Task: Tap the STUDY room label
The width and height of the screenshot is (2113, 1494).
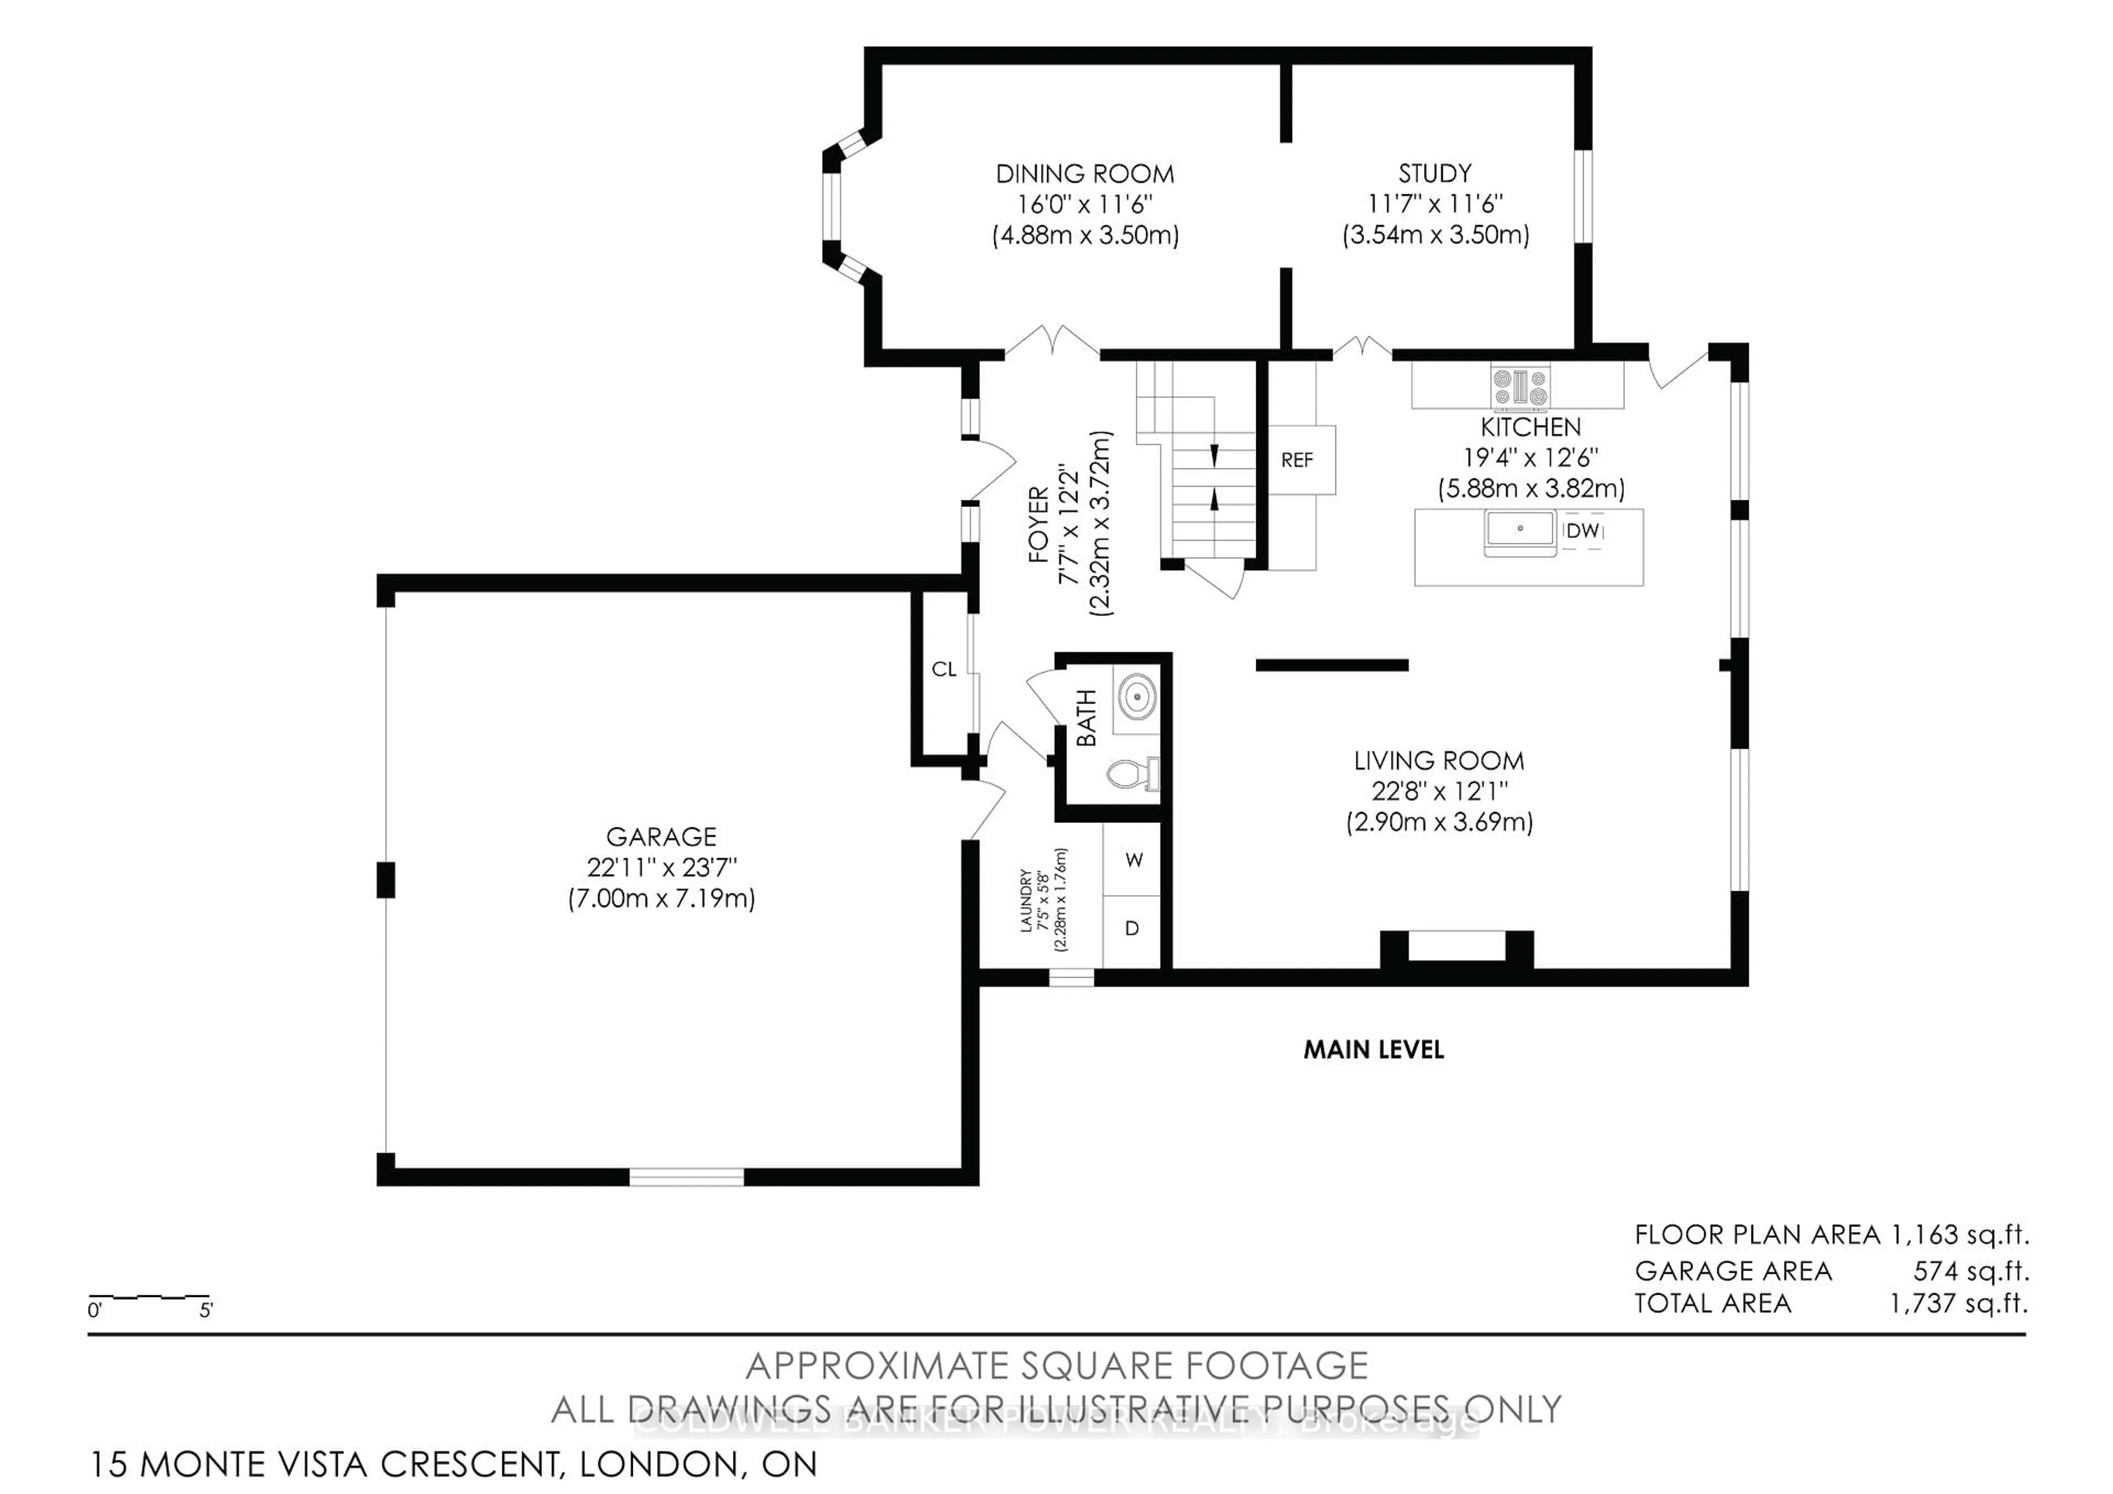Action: coord(1434,173)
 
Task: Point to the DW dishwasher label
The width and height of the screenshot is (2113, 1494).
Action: coord(1582,531)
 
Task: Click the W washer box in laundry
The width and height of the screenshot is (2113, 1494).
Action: coord(1133,860)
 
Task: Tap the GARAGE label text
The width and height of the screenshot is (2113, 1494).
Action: coord(661,837)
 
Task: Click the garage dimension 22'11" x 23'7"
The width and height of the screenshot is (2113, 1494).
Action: coord(661,867)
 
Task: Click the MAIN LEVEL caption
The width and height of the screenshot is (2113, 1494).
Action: coord(1373,1049)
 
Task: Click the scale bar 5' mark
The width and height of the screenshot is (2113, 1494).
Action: coord(206,1310)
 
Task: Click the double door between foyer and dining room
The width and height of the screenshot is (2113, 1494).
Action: coord(1052,341)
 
